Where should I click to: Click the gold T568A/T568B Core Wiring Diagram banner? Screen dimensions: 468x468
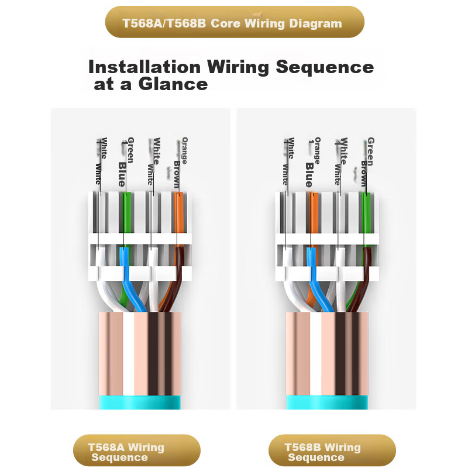234,23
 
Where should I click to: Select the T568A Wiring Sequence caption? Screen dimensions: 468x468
127,452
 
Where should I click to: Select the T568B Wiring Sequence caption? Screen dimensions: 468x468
323,452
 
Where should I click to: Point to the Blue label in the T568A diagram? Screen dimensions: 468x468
122,174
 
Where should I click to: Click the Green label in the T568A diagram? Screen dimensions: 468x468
130,149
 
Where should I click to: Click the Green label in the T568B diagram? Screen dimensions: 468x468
370,149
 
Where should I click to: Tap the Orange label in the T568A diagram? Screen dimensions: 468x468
185,150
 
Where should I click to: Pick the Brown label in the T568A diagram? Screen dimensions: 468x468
177,173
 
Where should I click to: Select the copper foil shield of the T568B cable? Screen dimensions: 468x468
328,351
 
